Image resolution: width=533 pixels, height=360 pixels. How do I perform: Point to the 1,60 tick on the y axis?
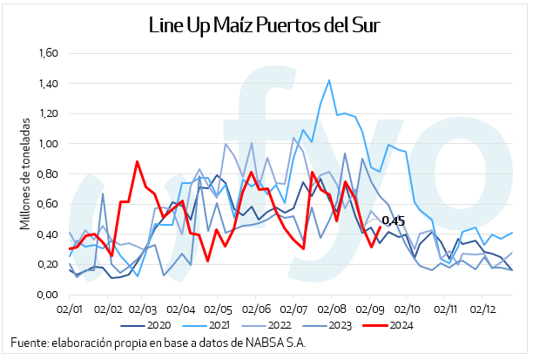46,53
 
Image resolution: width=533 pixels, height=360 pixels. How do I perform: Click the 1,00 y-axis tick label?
46,144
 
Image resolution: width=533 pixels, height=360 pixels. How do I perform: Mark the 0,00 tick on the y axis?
46,295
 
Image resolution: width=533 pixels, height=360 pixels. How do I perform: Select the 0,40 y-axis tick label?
46,234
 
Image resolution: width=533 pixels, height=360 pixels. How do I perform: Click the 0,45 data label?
394,221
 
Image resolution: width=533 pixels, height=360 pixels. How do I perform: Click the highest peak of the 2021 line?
329,80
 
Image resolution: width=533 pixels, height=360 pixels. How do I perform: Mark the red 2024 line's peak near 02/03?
138,161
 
